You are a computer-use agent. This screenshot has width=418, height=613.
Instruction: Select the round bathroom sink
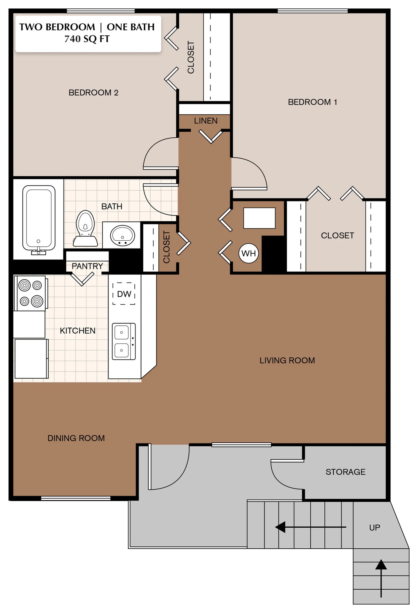(122, 235)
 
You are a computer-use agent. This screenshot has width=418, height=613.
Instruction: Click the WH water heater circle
(249, 254)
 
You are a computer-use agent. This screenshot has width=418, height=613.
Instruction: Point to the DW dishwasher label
(124, 294)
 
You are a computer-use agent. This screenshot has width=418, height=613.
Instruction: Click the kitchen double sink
(124, 341)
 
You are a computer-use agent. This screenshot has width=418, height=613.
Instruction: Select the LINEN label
(206, 121)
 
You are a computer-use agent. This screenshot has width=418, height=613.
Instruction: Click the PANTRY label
(87, 266)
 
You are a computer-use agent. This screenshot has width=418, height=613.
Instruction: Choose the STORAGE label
(345, 472)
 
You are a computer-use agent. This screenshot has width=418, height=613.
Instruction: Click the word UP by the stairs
(375, 527)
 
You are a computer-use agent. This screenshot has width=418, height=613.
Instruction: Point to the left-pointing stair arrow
(311, 527)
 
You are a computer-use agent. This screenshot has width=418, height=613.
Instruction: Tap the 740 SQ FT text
(87, 39)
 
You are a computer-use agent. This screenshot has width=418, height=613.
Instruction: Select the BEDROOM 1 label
(312, 102)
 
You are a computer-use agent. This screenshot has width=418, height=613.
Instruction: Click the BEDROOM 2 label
(94, 92)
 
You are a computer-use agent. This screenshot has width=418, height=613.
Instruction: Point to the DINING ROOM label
(76, 438)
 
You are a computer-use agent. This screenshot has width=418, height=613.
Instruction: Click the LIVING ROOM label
(287, 360)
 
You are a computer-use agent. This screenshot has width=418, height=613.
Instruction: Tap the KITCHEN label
(78, 331)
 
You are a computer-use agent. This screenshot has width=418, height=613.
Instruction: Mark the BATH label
(112, 207)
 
